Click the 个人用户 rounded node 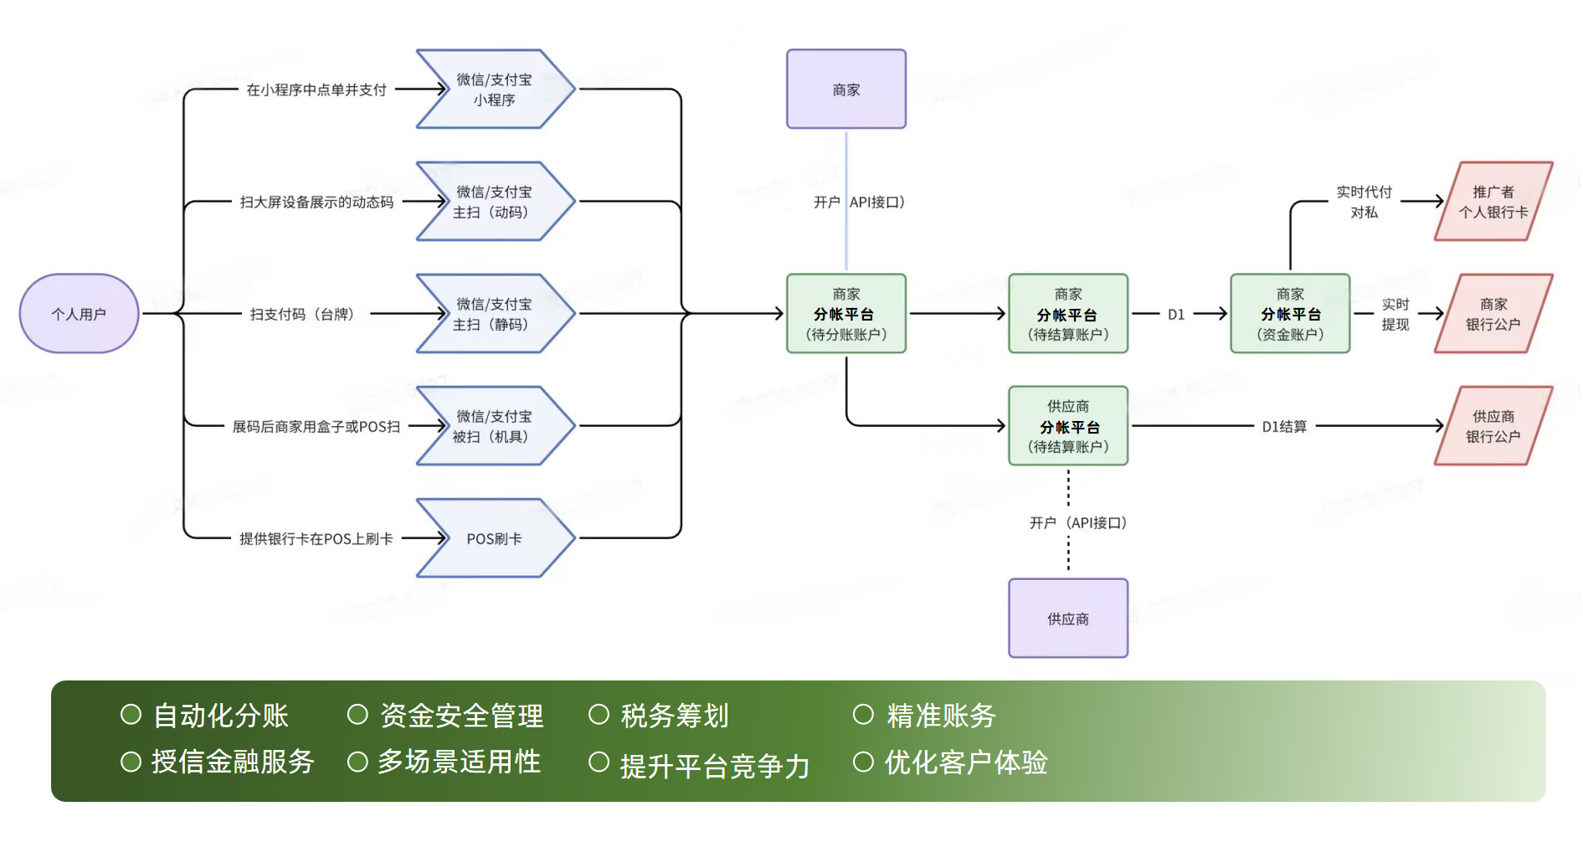[79, 314]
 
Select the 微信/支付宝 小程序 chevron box [494, 90]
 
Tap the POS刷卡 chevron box [494, 538]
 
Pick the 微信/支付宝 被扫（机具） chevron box [494, 426]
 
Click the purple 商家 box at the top [845, 90]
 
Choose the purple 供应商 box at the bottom [1067, 619]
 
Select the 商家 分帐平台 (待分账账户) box [845, 314]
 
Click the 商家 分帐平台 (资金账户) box [1289, 314]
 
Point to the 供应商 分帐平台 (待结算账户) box [1067, 426]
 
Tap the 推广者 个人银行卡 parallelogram [1493, 202]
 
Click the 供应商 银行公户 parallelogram [1493, 426]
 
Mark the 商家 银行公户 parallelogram [1493, 314]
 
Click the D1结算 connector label [1284, 427]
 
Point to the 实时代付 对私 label [1364, 203]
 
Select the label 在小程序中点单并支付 [316, 90]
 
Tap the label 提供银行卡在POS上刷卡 [316, 539]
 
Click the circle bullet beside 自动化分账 [131, 714]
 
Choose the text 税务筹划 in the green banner [675, 716]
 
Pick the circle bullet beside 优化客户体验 [863, 762]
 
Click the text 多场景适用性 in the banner [459, 762]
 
